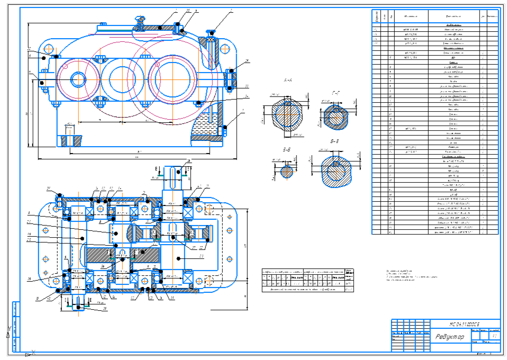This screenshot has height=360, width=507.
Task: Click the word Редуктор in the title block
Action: click(450, 337)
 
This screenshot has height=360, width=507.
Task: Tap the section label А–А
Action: click(288, 80)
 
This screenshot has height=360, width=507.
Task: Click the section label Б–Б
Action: click(286, 150)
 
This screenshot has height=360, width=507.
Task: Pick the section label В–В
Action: click(334, 142)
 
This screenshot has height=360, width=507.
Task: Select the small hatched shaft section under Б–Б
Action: click(286, 170)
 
